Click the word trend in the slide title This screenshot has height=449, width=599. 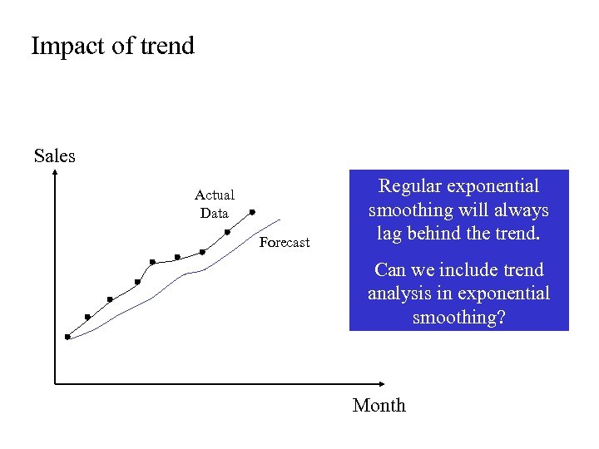pos(166,46)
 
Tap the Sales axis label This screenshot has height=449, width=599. pos(55,156)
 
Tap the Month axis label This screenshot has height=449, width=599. pos(379,406)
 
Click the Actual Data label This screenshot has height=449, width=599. pos(215,204)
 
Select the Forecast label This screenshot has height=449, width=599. pos(284,243)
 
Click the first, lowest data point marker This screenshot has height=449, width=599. pos(67,337)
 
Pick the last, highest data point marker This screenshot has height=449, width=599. pos(252,212)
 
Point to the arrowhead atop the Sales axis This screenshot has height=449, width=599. pos(55,173)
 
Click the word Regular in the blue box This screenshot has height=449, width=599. pos(411,187)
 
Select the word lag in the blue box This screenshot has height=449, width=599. pos(389,234)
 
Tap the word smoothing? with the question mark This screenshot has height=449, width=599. pos(459,317)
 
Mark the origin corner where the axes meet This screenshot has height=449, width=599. pos(55,384)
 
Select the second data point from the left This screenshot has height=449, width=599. pos(87,317)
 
